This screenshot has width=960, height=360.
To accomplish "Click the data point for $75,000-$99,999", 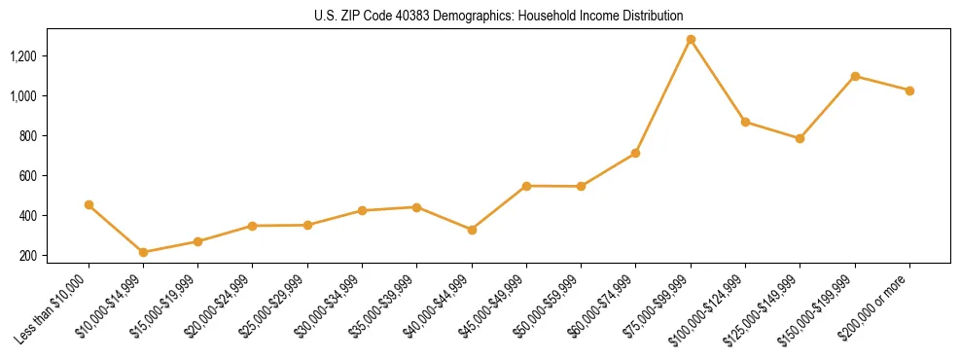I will [691, 40].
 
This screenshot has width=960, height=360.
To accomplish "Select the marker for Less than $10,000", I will [89, 205].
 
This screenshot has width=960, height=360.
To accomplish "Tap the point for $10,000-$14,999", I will [144, 252].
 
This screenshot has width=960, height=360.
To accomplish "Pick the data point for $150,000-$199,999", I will [855, 76].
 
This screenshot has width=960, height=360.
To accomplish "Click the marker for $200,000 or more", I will [909, 90].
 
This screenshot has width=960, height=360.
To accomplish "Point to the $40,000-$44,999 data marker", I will [472, 230].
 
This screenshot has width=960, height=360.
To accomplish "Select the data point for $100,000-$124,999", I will [745, 122].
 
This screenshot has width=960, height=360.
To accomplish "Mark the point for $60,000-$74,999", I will [636, 153].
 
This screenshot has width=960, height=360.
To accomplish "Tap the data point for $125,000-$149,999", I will [800, 138].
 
